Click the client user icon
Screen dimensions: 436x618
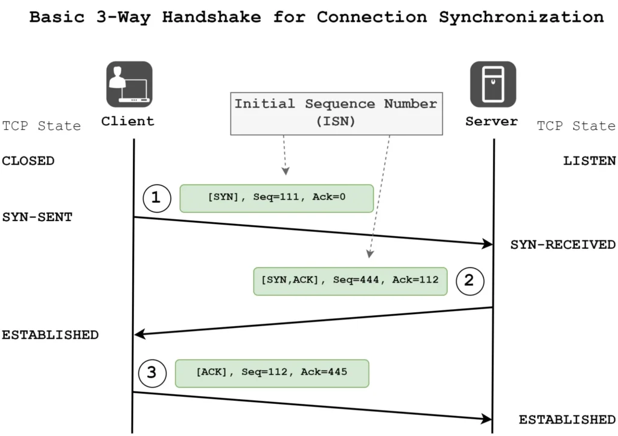(129, 84)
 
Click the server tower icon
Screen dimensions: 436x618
(493, 84)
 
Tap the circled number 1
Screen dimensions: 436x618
(156, 198)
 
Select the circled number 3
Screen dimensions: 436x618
(151, 373)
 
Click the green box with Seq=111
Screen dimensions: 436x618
(276, 199)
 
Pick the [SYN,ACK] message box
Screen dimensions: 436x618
(350, 281)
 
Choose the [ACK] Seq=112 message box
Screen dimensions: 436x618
(272, 373)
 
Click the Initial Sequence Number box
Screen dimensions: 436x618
(336, 112)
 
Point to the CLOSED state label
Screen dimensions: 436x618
(28, 161)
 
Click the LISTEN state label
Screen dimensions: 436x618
(589, 161)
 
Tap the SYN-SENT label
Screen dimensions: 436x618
(37, 217)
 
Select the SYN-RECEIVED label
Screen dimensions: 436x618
(562, 245)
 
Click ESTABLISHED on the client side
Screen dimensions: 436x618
(50, 335)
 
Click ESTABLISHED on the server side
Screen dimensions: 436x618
(567, 420)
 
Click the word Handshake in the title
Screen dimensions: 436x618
(211, 17)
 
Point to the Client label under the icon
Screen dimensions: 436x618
(127, 121)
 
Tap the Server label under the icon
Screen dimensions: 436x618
(491, 121)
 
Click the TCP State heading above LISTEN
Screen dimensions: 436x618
(576, 126)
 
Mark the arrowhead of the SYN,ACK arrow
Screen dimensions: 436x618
(139, 334)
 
